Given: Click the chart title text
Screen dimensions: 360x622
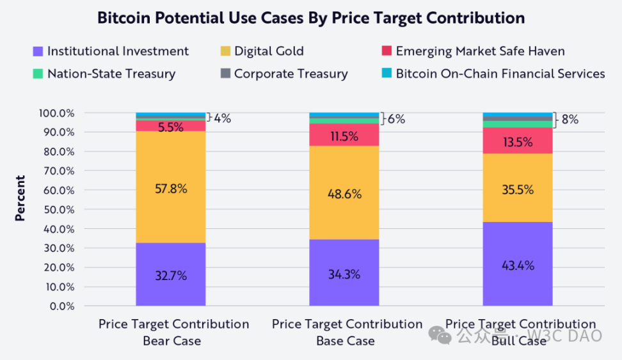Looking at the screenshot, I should (311, 18).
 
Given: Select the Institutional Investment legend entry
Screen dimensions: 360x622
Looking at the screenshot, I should (110, 51).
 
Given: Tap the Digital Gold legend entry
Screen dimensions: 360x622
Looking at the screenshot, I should (261, 51).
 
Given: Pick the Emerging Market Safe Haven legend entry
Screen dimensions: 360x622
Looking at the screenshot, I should (472, 51).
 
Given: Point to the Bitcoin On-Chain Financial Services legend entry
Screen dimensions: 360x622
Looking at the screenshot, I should (493, 74).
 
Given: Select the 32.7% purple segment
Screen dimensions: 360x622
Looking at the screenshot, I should (170, 275).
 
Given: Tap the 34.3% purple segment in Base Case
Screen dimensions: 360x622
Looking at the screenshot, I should (344, 274).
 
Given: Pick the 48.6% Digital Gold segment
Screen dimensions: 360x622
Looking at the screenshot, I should (344, 193).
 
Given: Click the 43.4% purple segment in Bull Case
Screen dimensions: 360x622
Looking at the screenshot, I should (517, 264).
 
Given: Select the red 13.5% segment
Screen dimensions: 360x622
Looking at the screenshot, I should (517, 141).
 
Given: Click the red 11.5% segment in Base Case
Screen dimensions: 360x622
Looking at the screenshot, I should (344, 135).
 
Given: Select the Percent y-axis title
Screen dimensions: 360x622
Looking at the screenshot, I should (20, 198).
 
